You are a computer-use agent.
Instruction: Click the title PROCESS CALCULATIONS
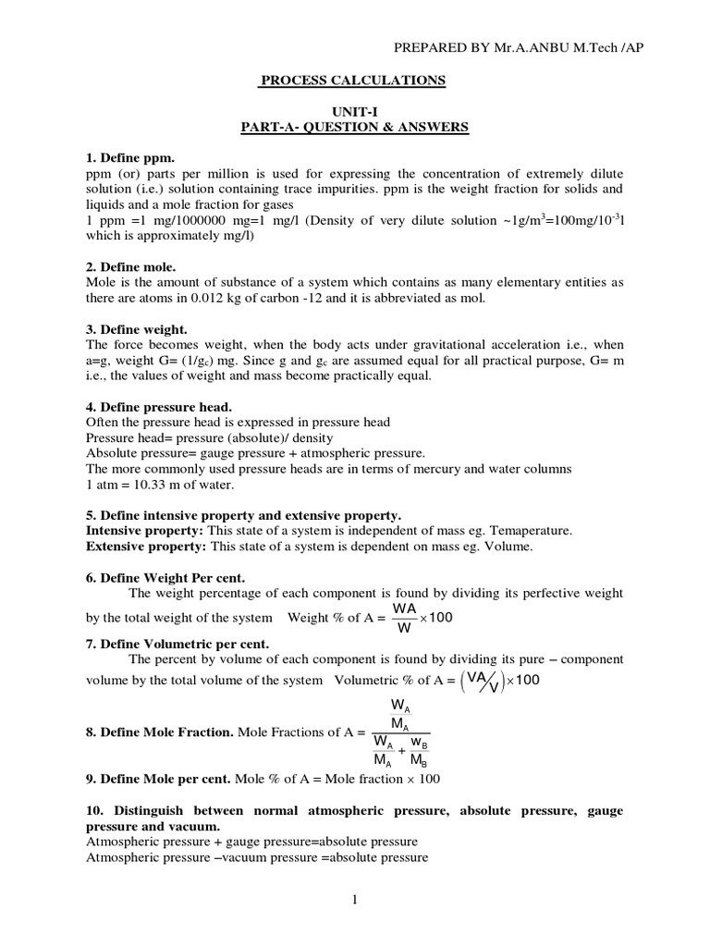pos(351,81)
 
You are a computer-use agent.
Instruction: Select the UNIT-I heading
pos(351,110)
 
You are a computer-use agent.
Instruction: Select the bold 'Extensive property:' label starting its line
pos(146,547)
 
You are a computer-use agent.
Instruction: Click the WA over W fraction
pos(403,617)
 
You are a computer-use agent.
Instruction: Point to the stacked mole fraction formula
pos(398,732)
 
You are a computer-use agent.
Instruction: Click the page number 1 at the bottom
pos(354,900)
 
